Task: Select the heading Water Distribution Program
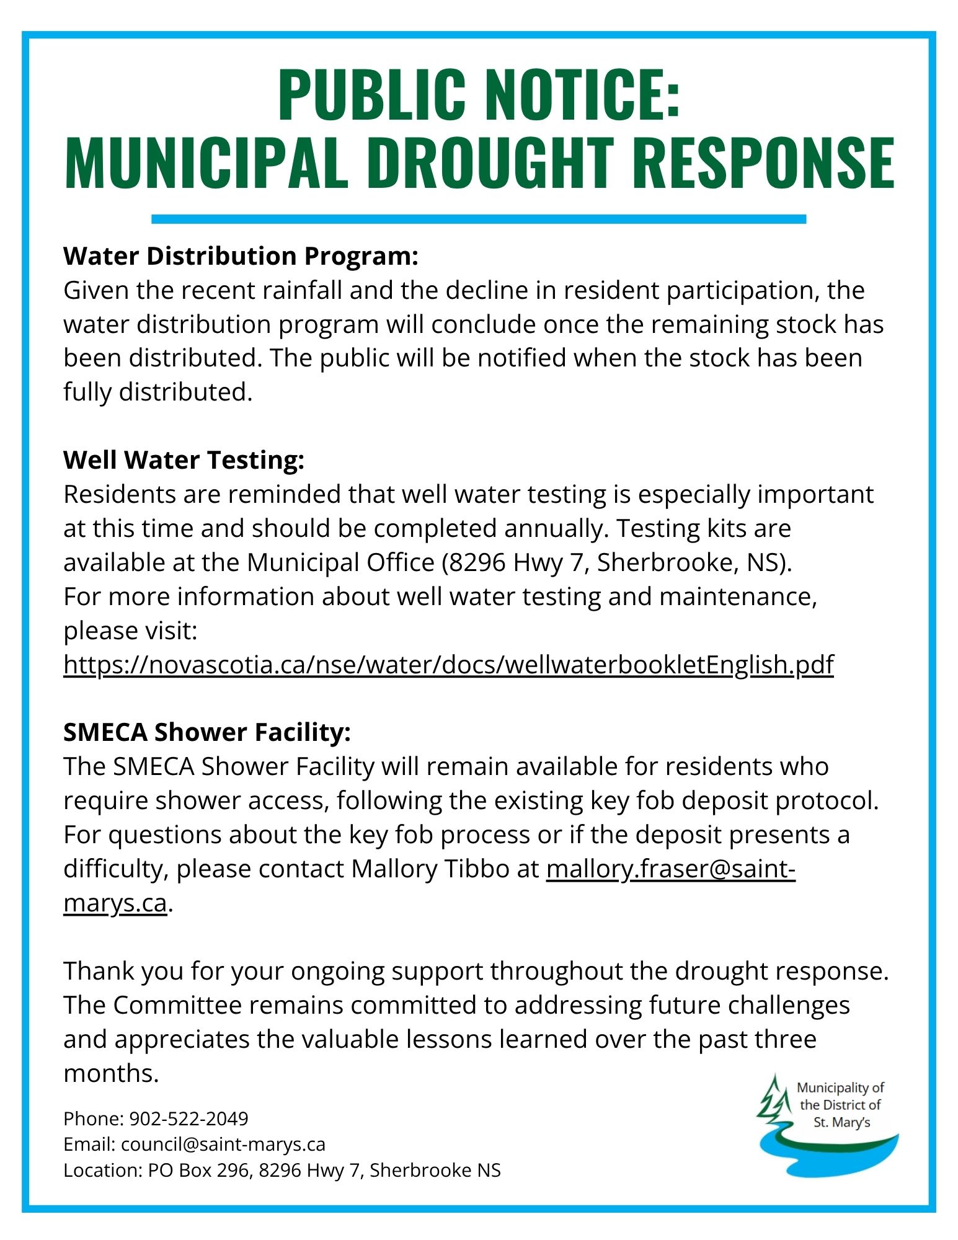[241, 256]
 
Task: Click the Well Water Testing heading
[184, 460]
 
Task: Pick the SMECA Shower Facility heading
[207, 732]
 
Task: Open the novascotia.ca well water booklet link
[448, 665]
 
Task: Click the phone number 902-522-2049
[188, 1118]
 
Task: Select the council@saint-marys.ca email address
[223, 1144]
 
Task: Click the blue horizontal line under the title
[478, 219]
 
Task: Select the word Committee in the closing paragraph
[177, 1005]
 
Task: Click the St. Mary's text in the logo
[841, 1122]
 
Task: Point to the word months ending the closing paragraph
[111, 1073]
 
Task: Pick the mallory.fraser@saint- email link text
[670, 869]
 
